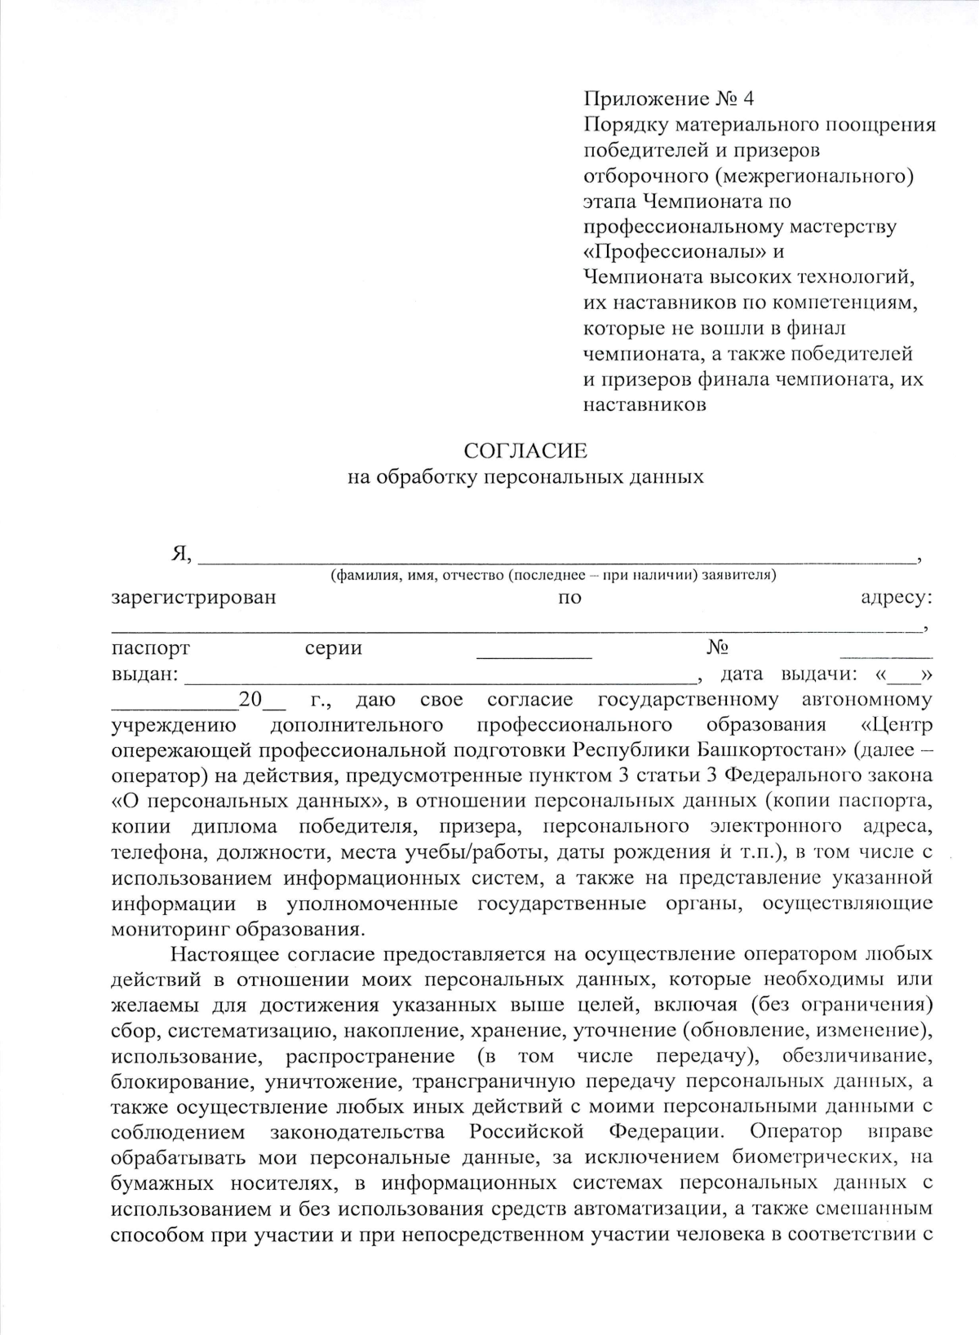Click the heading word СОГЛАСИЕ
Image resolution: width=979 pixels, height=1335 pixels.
tap(525, 451)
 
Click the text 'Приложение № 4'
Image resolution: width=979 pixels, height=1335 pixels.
tap(669, 99)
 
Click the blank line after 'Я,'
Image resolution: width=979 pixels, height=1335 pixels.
tap(555, 557)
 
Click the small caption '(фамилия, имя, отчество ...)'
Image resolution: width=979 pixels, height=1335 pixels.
tap(552, 576)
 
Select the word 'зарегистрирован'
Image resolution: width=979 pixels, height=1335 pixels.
tap(193, 597)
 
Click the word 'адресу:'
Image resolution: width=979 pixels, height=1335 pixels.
tap(897, 597)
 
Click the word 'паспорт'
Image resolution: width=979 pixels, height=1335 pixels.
tap(151, 648)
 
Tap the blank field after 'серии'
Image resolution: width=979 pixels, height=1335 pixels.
tap(534, 652)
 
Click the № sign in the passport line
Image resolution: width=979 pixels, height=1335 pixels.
tap(717, 648)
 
